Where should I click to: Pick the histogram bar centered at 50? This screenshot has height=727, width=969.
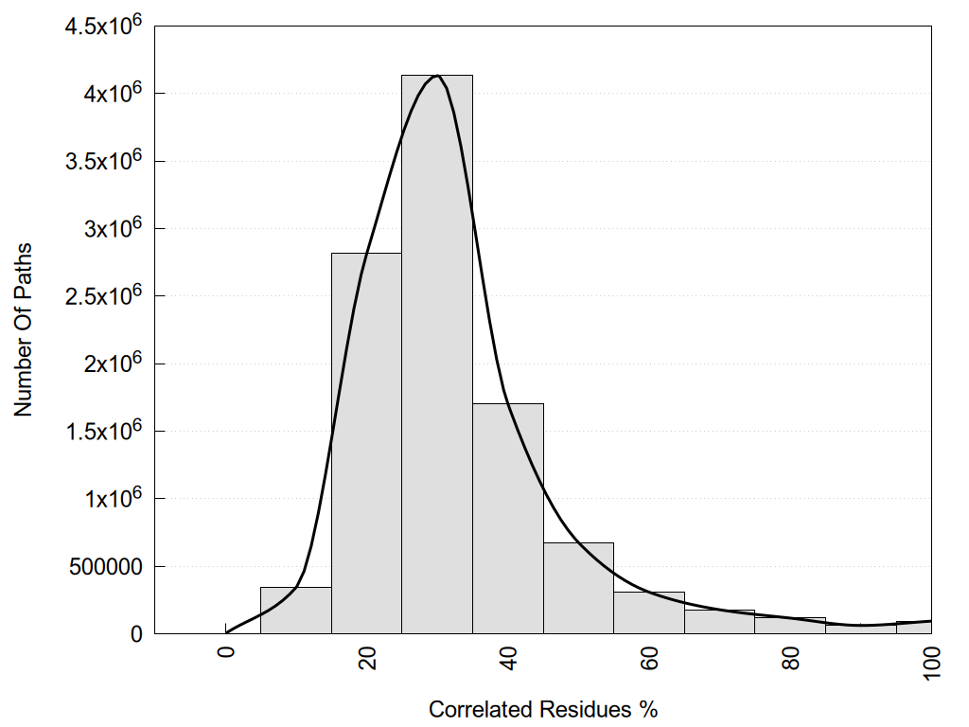(x=578, y=588)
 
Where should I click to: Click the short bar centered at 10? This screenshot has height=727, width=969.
(x=295, y=611)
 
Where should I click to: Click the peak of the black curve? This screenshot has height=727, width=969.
(x=436, y=75)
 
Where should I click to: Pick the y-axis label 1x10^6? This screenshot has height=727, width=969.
(x=112, y=499)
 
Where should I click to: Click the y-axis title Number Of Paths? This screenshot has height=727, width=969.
(x=24, y=329)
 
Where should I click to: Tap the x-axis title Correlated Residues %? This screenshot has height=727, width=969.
(x=542, y=709)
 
